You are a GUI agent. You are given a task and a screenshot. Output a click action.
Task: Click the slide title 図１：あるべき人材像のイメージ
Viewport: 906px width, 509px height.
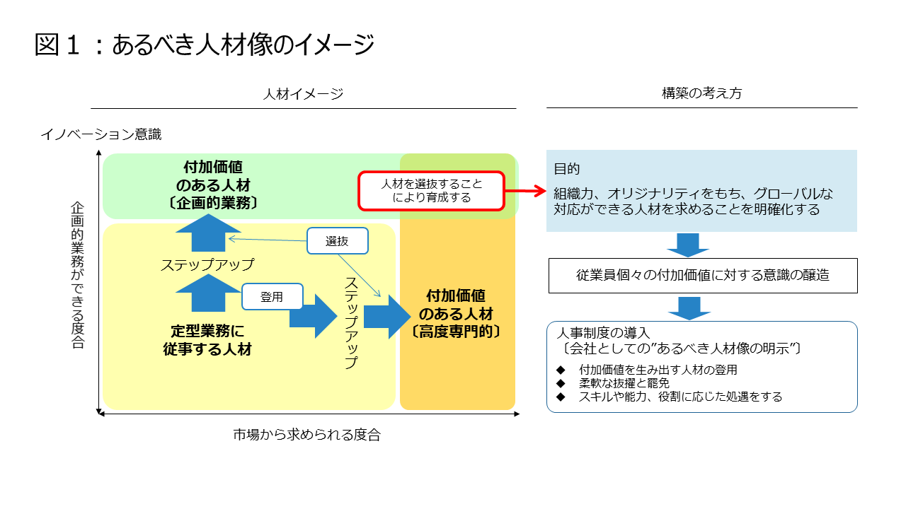tap(204, 45)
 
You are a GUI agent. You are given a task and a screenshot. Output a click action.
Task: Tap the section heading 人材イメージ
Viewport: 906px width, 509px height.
tap(303, 93)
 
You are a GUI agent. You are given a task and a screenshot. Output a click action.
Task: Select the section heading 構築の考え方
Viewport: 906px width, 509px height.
tap(701, 93)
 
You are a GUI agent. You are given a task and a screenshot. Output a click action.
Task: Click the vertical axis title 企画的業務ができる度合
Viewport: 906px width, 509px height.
tap(78, 275)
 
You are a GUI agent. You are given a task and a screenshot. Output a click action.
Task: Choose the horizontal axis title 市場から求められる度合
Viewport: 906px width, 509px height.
tap(306, 435)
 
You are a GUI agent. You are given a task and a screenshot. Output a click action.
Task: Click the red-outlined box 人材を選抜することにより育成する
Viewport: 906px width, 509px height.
tap(432, 191)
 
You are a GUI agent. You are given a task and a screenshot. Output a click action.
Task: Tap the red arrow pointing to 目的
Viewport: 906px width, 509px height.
tap(527, 191)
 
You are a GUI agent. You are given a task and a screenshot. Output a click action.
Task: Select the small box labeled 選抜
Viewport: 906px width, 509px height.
tap(337, 241)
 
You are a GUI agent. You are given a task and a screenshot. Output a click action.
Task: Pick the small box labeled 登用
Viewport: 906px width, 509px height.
tap(272, 297)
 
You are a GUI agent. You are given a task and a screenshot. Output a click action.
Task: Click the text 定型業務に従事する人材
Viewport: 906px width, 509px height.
tap(207, 339)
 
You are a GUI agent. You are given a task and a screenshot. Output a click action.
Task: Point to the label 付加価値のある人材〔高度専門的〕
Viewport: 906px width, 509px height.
tap(456, 313)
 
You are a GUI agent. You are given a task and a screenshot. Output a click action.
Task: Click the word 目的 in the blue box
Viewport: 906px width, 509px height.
tap(567, 169)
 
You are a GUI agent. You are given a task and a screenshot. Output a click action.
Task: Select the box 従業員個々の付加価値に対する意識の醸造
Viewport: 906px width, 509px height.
tap(702, 276)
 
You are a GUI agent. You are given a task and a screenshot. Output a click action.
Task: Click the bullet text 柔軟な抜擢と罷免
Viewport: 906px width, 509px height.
tap(624, 383)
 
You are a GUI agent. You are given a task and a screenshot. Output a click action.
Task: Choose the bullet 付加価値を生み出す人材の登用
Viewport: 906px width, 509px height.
tap(658, 370)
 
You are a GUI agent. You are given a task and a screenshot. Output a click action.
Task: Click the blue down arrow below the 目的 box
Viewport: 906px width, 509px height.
tap(687, 244)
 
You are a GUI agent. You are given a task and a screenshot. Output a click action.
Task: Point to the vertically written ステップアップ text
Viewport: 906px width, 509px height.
tap(350, 322)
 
